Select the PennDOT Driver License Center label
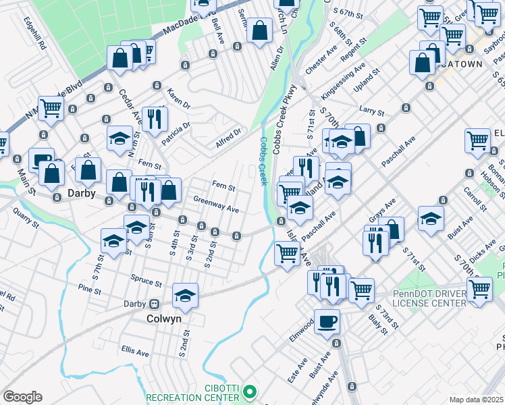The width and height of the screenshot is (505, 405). tap(429, 298)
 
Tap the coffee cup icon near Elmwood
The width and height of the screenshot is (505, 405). tap(327, 321)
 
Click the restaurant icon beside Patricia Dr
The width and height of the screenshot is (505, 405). tap(155, 119)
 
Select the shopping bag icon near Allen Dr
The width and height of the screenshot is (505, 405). tap(259, 30)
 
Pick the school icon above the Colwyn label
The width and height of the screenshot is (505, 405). tap(185, 295)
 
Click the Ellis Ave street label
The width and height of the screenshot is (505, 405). tap(135, 352)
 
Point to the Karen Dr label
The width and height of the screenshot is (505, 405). tap(180, 100)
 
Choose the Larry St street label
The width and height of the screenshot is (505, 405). tap(371, 109)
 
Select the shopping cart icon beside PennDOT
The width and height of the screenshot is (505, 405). tap(479, 289)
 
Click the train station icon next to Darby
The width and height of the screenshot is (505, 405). tap(154, 304)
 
